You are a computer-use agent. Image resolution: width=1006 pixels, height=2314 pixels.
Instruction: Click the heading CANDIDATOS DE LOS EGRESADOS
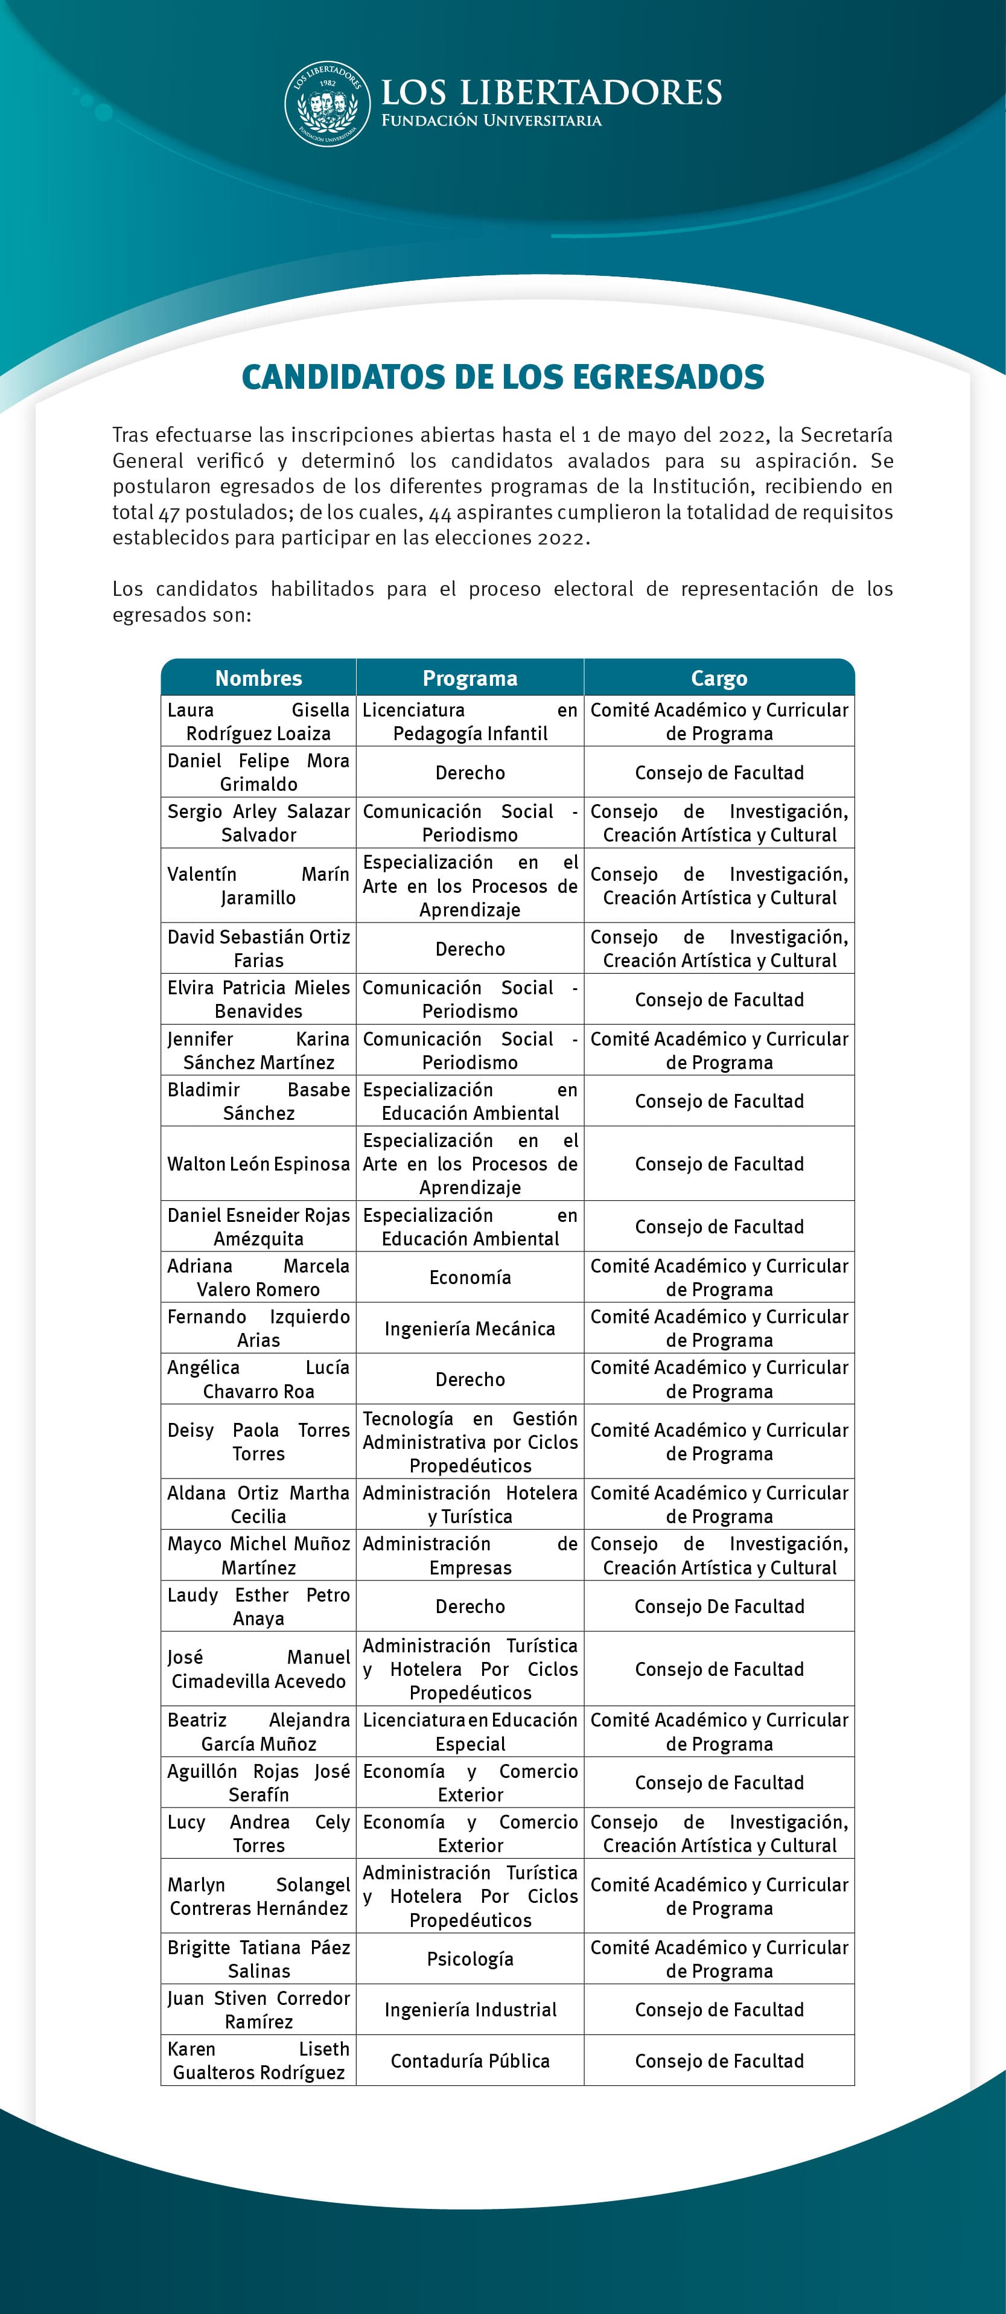503,376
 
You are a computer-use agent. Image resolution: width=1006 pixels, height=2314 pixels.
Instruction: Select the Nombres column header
259,678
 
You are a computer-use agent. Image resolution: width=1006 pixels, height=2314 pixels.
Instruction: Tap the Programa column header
470,678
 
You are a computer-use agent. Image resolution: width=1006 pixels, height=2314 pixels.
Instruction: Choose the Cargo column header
719,678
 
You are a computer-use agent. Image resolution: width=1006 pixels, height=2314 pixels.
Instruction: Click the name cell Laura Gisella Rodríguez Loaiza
259,721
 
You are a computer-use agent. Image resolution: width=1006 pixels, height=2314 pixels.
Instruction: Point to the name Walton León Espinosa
259,1163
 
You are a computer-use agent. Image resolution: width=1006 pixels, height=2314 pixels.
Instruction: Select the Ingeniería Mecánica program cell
470,1328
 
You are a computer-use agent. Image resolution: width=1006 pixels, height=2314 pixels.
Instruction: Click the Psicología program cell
470,1958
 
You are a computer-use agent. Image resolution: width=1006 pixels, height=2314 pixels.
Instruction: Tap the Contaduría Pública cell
470,2060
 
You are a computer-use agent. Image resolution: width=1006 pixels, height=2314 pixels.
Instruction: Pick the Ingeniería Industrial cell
470,2010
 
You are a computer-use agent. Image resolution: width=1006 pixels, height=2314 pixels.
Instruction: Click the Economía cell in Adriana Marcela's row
470,1276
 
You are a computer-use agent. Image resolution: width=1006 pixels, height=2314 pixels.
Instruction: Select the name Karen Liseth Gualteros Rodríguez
259,2060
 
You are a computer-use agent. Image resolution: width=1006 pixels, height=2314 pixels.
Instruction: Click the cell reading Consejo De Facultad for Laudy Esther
719,1606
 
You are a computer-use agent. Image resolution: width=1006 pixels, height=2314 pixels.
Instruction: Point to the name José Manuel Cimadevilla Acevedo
259,1669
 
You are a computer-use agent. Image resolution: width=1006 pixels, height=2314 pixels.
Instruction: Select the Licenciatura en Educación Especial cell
470,1732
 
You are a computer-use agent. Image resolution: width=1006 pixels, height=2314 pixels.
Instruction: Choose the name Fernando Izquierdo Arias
259,1328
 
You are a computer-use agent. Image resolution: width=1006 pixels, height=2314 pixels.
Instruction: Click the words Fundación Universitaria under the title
491,120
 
